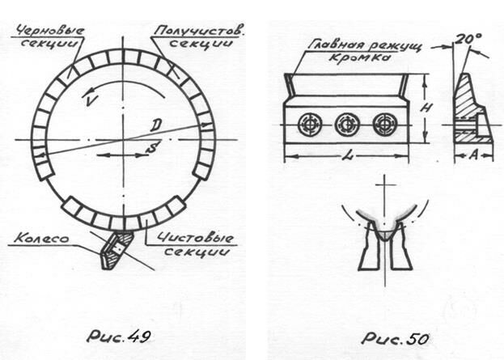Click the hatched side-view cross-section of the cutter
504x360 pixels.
472,109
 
